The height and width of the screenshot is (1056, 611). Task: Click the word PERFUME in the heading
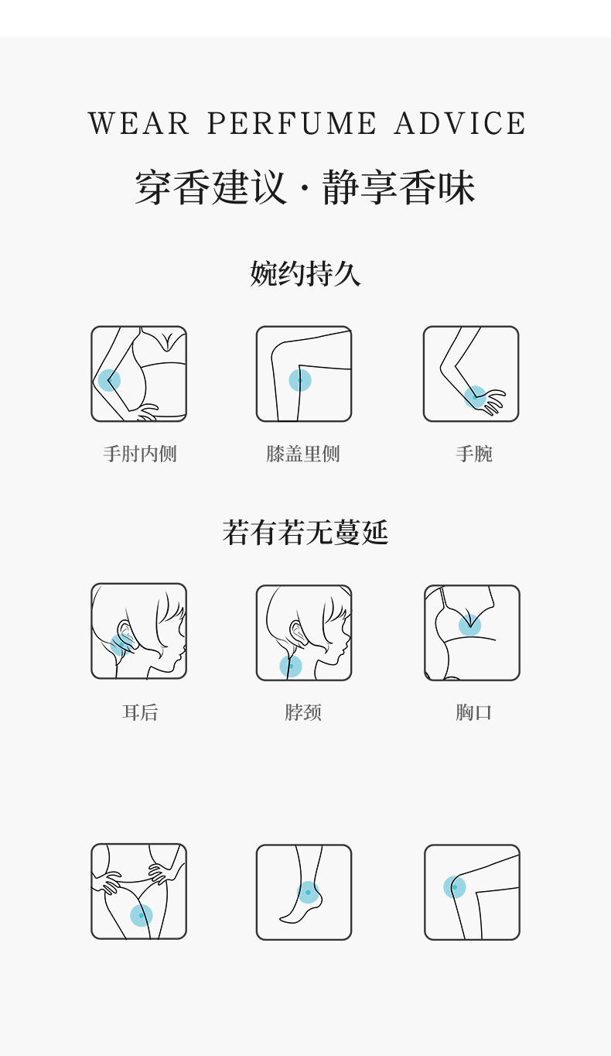click(292, 124)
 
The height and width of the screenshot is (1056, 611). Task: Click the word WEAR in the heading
click(139, 124)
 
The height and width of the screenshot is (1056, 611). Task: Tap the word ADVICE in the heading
click(460, 124)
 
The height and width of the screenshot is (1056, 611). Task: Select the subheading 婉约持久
click(305, 273)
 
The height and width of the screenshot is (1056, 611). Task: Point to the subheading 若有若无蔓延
click(305, 533)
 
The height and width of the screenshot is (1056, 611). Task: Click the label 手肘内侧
click(140, 454)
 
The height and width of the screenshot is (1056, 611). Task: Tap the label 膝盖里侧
click(303, 454)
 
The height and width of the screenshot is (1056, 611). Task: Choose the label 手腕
click(473, 454)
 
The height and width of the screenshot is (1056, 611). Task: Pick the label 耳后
click(140, 712)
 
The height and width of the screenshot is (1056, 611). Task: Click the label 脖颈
click(303, 712)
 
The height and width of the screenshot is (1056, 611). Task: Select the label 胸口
click(473, 712)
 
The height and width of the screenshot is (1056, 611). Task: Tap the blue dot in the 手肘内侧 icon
click(109, 380)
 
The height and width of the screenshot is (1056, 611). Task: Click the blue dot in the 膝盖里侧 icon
click(300, 380)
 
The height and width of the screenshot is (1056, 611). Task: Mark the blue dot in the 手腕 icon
click(476, 397)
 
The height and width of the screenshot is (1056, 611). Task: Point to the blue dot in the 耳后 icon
click(121, 645)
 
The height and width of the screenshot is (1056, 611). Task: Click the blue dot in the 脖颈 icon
click(291, 666)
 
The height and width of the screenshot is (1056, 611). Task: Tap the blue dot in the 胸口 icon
click(469, 626)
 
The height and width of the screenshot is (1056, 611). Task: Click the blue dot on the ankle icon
click(308, 892)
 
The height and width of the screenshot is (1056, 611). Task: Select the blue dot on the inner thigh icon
click(141, 915)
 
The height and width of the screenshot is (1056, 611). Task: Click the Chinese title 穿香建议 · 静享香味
click(305, 188)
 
